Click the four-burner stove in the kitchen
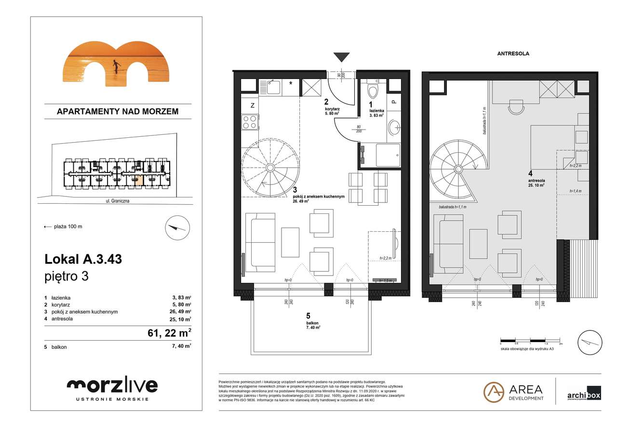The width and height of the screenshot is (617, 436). [x=249, y=121]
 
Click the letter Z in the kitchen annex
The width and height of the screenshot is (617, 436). [x=252, y=106]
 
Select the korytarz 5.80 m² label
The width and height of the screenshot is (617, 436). [x=332, y=110]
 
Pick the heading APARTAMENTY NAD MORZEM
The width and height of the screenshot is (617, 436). [x=118, y=111]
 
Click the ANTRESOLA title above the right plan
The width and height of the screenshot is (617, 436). [x=513, y=54]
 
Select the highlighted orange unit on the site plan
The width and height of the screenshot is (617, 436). [x=139, y=180]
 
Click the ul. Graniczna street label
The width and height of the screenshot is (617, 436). [x=118, y=202]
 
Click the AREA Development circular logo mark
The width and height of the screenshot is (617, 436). [x=494, y=392]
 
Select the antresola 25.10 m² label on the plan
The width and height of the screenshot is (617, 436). [x=536, y=181]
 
